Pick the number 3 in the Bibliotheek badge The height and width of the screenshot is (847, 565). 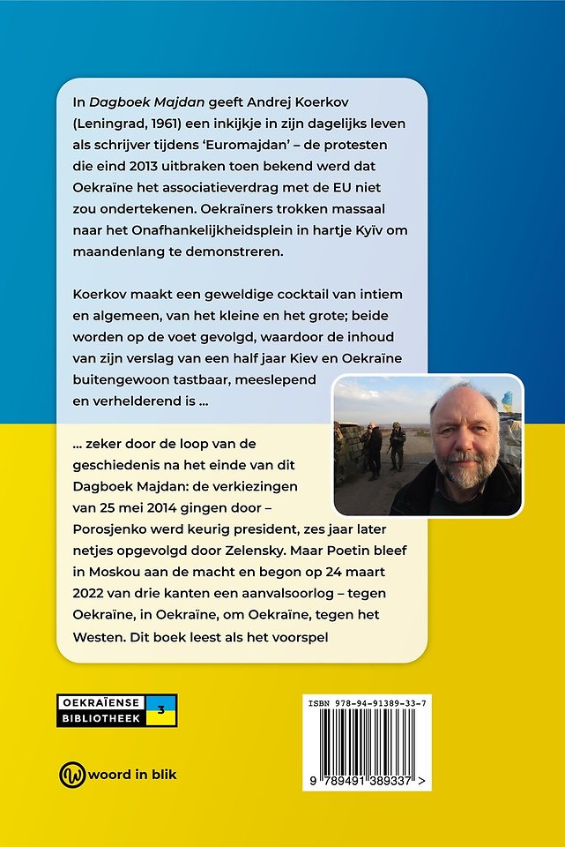pyautogui.click(x=160, y=709)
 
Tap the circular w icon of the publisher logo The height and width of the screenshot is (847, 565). pyautogui.click(x=71, y=775)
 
